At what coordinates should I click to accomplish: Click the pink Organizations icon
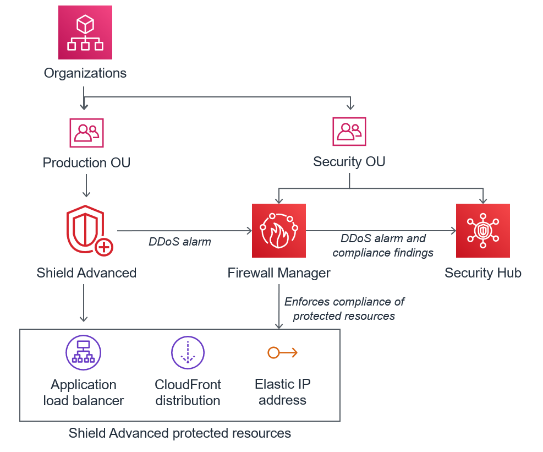point(85,32)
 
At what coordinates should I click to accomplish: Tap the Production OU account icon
point(86,132)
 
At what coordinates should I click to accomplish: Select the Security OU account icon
point(349,132)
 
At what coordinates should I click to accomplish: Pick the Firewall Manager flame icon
point(279,231)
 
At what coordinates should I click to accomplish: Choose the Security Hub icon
point(482,231)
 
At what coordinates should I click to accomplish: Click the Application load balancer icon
point(83,352)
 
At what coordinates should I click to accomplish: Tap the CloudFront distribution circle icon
point(188,352)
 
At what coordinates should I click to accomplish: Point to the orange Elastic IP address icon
point(282,352)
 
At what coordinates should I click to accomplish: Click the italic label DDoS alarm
point(180,241)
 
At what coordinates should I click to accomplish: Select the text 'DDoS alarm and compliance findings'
point(383,246)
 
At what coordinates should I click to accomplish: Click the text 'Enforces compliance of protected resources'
point(344,309)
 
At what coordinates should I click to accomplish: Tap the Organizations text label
point(85,73)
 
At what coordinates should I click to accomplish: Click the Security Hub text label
point(483,273)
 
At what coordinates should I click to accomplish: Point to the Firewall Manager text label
point(279,273)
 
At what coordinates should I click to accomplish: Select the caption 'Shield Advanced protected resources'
point(180,433)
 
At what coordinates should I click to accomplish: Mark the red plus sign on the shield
point(103,248)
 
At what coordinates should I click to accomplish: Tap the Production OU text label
point(86,163)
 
